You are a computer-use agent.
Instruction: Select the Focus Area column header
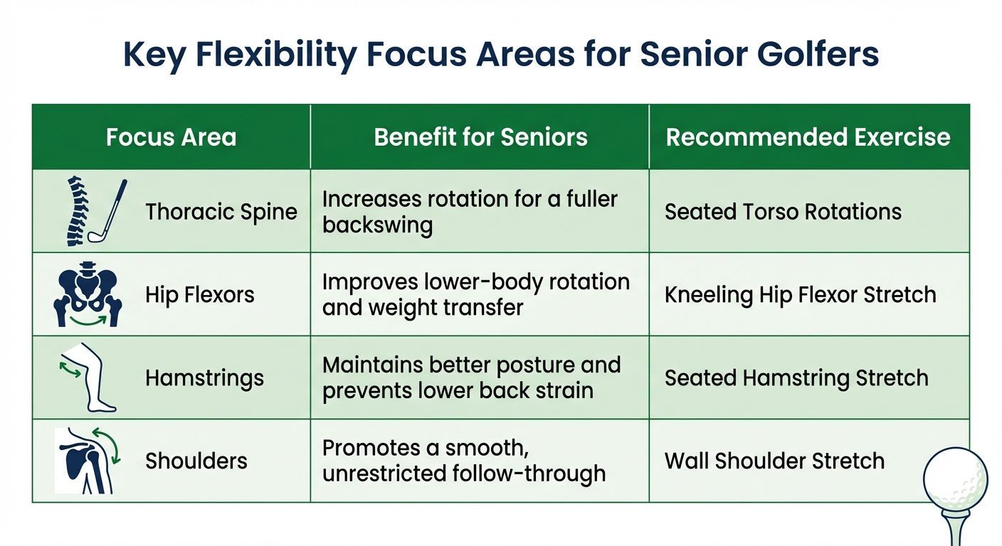[x=171, y=137]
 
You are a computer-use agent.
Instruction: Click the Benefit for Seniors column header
[x=480, y=137]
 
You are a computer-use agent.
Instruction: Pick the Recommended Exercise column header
[x=808, y=137]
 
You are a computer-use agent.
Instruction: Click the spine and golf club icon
[x=91, y=210]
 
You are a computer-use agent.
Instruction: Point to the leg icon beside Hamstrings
[x=91, y=377]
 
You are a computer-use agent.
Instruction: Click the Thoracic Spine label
[x=221, y=212]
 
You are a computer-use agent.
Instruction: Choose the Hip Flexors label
[x=200, y=295]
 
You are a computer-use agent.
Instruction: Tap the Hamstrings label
[x=204, y=378]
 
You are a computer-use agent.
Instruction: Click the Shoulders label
[x=196, y=461]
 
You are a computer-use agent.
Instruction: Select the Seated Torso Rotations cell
[x=783, y=212]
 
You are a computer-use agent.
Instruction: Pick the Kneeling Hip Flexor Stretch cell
[x=800, y=295]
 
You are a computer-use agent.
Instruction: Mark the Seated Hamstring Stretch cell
[x=796, y=378]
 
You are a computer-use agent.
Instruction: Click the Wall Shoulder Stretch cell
[x=774, y=461]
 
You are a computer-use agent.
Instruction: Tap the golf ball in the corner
[x=955, y=478]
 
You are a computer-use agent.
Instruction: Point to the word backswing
[x=377, y=225]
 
